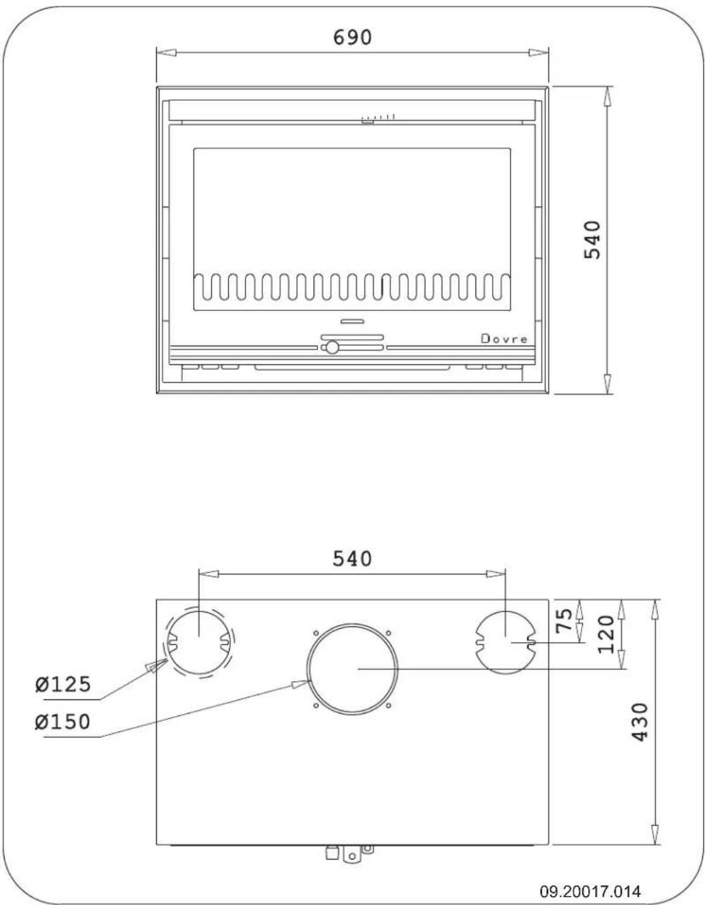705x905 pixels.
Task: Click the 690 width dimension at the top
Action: [x=352, y=37]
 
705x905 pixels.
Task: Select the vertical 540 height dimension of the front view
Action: [x=593, y=240]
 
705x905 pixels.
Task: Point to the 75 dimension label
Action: [x=564, y=621]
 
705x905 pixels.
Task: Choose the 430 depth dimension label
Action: [x=639, y=721]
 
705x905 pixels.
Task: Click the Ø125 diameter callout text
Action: [x=63, y=684]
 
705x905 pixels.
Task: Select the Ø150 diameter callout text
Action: [x=63, y=721]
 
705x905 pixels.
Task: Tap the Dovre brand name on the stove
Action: [x=504, y=339]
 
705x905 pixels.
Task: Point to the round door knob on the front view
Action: [x=331, y=347]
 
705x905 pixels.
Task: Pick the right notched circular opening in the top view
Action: [x=505, y=641]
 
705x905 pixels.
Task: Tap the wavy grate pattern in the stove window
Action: [x=352, y=286]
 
